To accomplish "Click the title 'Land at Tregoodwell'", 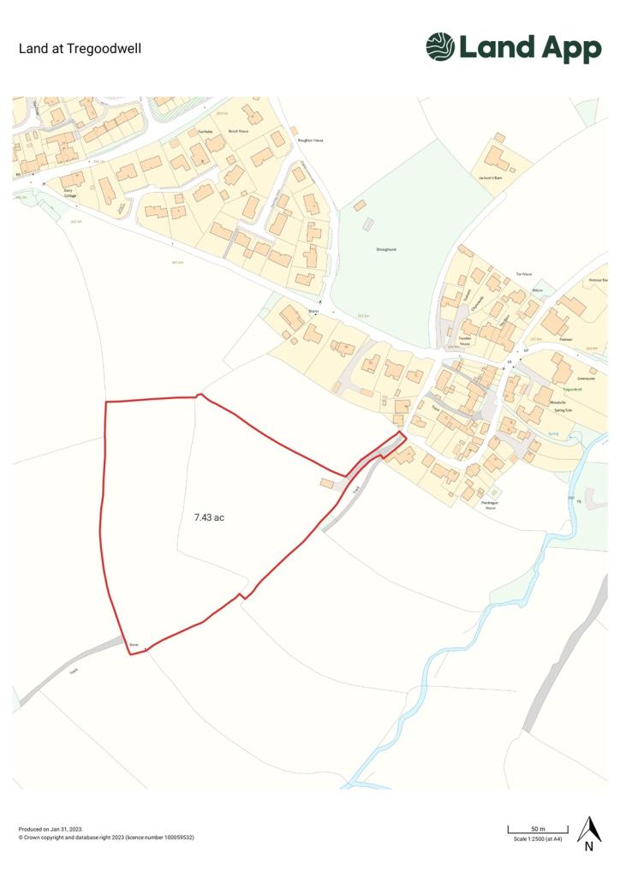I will point(80,48).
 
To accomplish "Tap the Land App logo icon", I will point(440,47).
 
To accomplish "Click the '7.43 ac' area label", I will point(209,517).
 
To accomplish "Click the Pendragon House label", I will point(489,505).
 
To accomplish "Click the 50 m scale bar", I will point(538,829).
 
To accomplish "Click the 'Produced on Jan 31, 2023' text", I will point(51,829).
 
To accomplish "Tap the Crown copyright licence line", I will point(106,838).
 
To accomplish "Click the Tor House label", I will point(523,274).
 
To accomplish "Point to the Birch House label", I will point(238,131).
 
